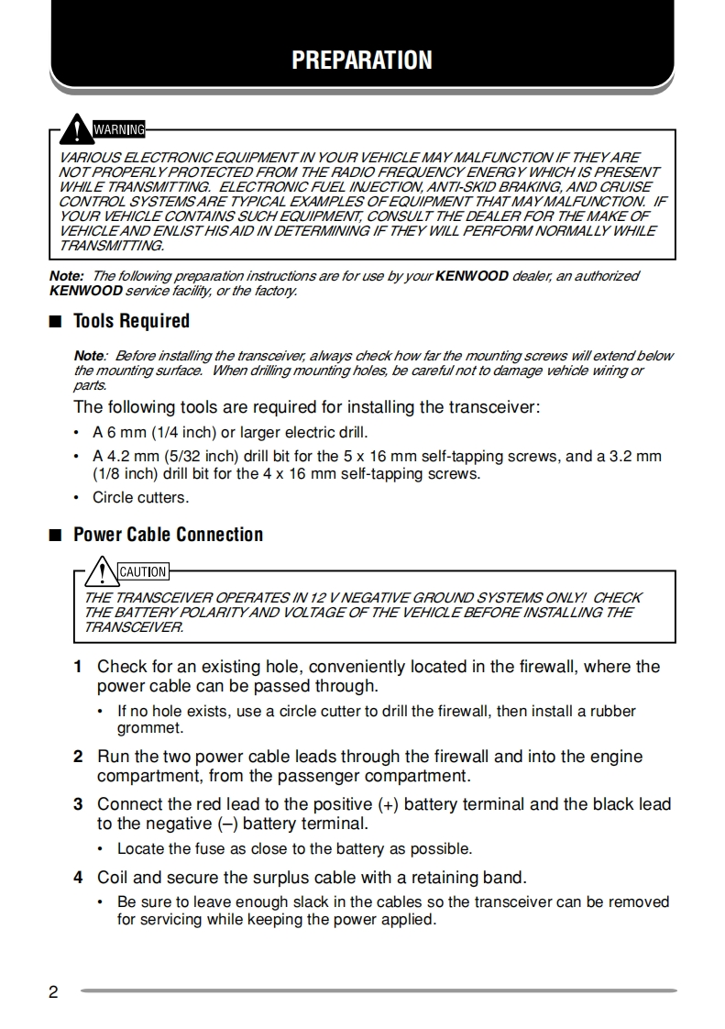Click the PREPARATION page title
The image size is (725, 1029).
[362, 61]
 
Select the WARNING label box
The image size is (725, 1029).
[119, 129]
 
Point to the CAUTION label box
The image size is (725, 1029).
[143, 571]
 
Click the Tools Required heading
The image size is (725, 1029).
[131, 321]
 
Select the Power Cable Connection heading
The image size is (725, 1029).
[168, 535]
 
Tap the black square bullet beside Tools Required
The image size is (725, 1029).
[56, 322]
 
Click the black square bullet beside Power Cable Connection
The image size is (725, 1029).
[56, 536]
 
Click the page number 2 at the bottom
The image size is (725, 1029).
[53, 992]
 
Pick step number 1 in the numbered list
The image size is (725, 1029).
[79, 667]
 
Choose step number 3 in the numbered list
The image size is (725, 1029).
[79, 804]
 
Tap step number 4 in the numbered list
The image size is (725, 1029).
[79, 878]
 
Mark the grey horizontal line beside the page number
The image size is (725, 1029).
[378, 990]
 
